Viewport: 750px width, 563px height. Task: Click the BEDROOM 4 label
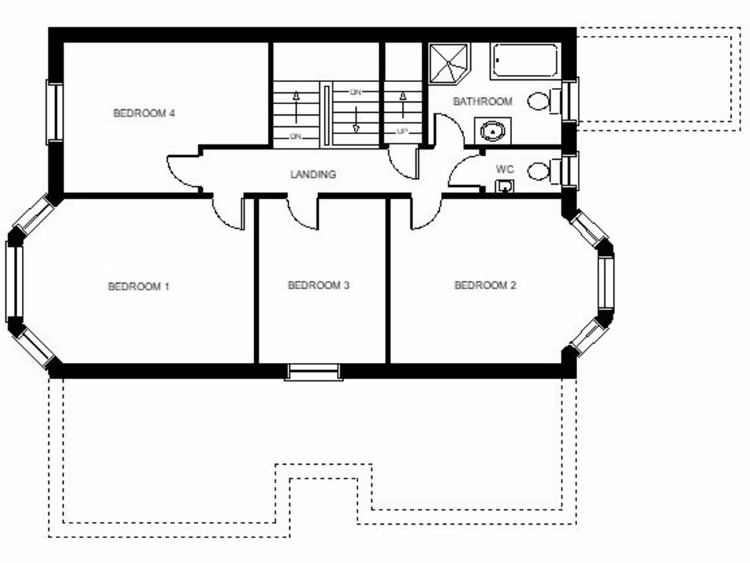point(144,114)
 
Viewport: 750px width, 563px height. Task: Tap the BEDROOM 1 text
point(138,286)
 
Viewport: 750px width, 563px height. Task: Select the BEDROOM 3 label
point(318,285)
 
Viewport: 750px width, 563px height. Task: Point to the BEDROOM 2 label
point(485,285)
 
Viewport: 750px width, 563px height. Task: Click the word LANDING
point(313,174)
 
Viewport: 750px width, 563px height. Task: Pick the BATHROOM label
point(483,101)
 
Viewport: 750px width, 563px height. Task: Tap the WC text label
point(505,169)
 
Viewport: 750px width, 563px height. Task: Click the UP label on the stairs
point(402,132)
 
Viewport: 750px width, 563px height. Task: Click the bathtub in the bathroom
point(526,61)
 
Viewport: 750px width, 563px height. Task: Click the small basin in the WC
point(504,187)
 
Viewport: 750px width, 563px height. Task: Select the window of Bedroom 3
point(313,372)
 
